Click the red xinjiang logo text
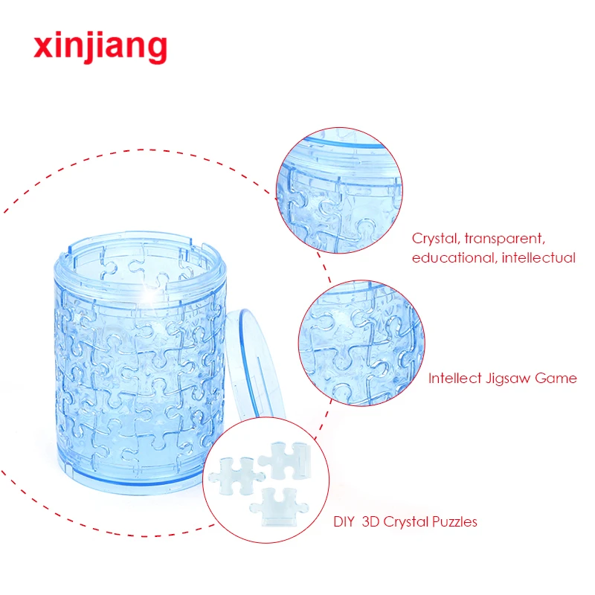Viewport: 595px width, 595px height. point(100,46)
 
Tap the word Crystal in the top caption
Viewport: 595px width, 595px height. point(434,239)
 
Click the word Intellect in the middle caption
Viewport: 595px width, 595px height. point(454,378)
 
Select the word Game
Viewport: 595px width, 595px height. point(559,378)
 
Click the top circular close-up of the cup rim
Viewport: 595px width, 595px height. point(340,190)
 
